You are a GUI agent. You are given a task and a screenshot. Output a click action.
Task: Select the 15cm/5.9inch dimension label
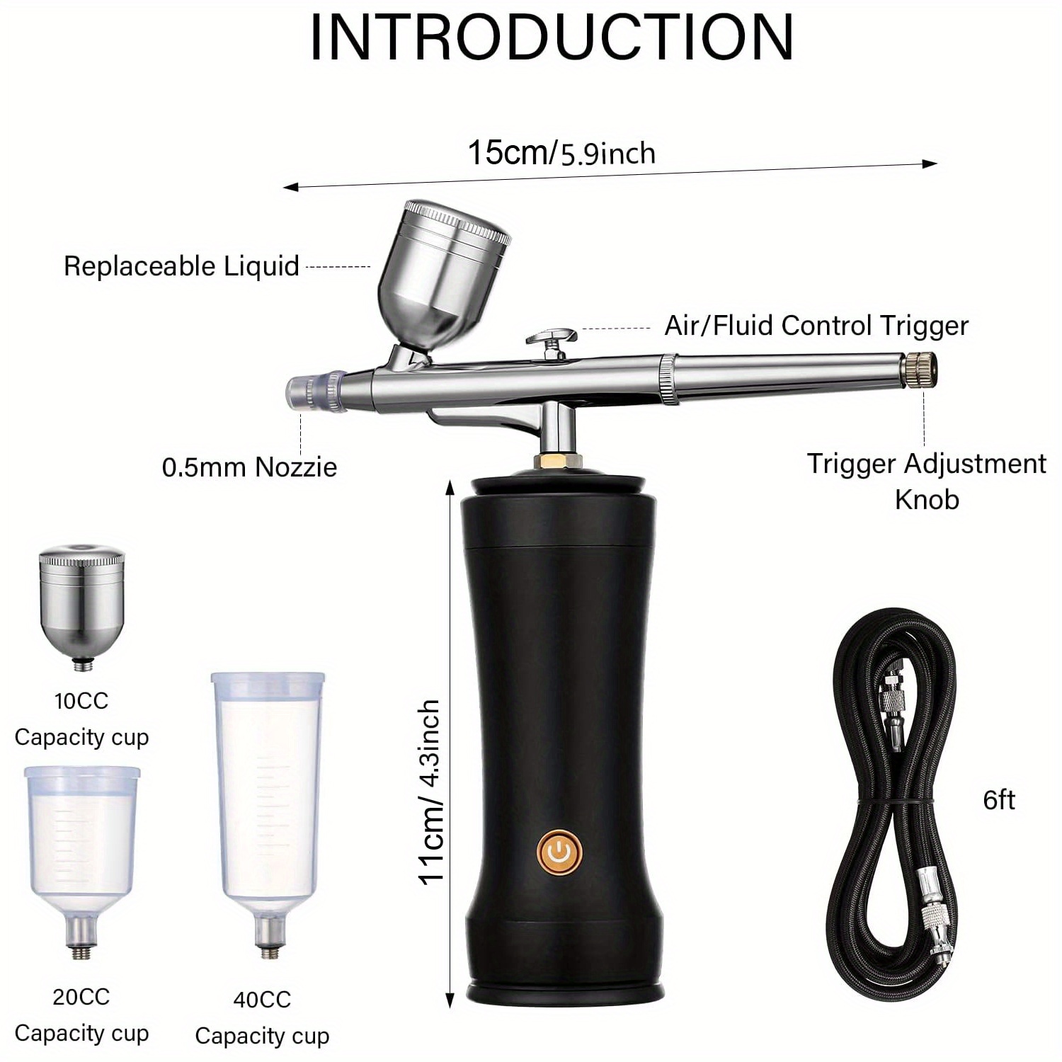click(561, 152)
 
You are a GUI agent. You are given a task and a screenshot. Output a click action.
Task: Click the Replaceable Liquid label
click(181, 266)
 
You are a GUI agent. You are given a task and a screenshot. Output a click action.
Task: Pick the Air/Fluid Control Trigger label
click(816, 326)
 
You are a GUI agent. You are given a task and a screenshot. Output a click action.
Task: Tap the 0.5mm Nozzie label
click(249, 467)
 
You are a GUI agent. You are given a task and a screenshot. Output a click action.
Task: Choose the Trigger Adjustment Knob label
click(926, 481)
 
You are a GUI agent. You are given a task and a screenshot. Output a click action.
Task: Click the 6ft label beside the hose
click(998, 800)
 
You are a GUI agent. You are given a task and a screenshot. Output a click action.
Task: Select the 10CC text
click(81, 701)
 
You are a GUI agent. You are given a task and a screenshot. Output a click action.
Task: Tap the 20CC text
click(81, 997)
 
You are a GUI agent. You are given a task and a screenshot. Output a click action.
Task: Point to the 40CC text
click(262, 1000)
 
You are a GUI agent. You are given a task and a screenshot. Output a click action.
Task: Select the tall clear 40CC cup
click(268, 793)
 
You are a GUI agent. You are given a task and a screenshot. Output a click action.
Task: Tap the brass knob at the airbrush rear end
click(922, 369)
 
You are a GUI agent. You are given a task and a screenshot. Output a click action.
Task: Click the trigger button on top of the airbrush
click(552, 337)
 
